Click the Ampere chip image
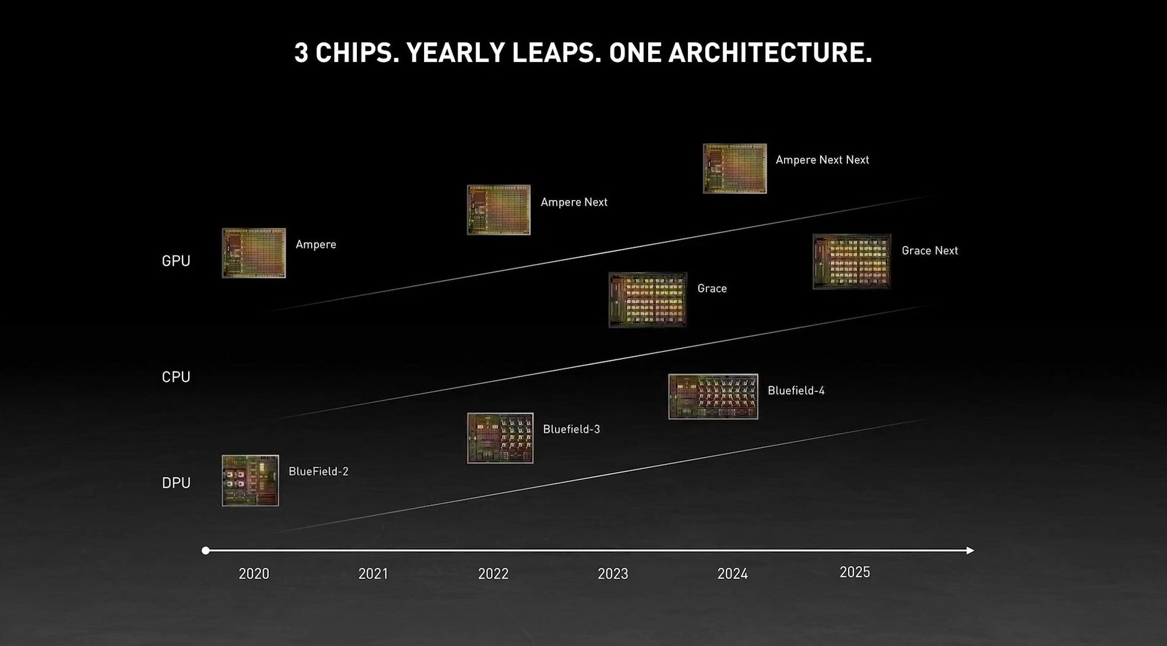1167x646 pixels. click(254, 253)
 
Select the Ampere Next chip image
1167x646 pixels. click(498, 210)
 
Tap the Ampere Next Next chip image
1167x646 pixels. click(734, 168)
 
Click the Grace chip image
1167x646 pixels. click(647, 299)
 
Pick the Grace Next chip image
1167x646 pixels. click(852, 262)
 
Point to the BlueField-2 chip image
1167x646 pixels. click(250, 480)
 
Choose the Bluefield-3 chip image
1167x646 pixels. click(500, 438)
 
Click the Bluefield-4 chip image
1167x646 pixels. click(713, 396)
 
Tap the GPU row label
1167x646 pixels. click(176, 261)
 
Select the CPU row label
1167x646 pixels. click(176, 377)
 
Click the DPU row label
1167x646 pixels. click(176, 483)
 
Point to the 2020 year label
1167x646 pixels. click(254, 573)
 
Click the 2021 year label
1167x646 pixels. click(373, 573)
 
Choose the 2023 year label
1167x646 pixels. click(613, 573)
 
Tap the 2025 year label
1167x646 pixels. click(855, 572)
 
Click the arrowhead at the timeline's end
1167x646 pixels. click(970, 550)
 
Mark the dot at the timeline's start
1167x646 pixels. click(205, 550)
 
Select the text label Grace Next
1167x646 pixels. click(929, 250)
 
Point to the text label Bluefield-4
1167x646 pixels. click(796, 390)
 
